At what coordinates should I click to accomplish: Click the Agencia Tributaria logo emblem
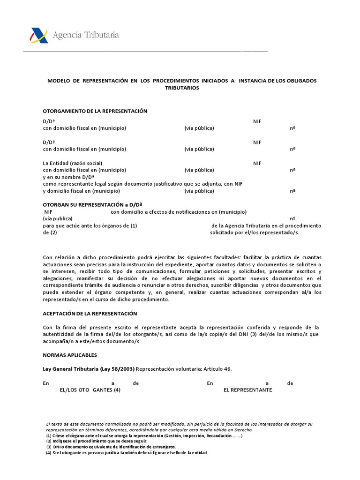point(39,36)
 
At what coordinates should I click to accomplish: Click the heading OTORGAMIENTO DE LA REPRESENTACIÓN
point(95,111)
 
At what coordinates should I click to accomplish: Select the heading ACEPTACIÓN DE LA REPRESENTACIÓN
point(90,313)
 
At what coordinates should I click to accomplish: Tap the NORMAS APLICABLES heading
point(70,355)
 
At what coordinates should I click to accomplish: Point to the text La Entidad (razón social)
point(73,163)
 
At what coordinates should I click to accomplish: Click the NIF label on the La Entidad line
point(257,163)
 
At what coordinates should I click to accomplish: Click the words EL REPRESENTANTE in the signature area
point(248,390)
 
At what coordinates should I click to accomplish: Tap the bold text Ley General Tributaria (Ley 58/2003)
point(89,369)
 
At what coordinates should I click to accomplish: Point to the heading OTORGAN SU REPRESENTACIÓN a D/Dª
point(92,205)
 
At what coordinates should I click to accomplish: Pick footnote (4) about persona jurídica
point(126,452)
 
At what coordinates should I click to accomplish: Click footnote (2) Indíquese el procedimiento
point(97,441)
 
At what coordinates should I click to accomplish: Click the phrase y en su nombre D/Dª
point(68,177)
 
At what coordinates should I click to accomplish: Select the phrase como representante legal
point(73,184)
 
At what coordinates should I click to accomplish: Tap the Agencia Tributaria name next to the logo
point(85,35)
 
